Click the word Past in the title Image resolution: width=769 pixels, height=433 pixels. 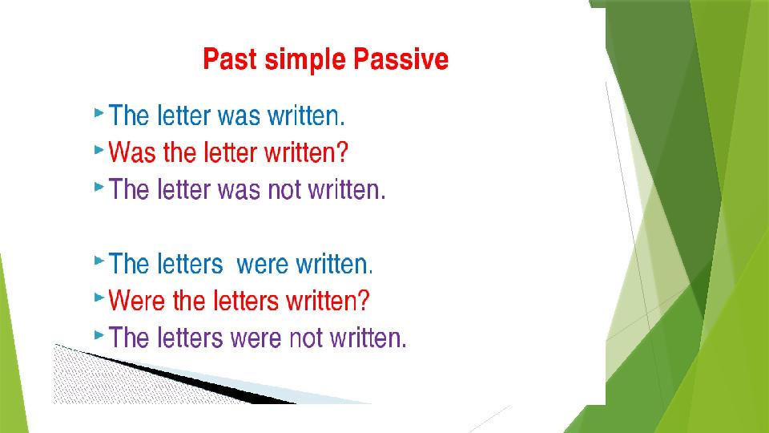point(230,59)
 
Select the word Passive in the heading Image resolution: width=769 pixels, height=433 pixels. point(401,59)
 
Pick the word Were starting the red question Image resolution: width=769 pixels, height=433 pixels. point(136,301)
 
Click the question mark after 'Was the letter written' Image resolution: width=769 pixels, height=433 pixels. point(342,152)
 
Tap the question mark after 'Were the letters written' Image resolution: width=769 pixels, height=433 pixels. point(364,301)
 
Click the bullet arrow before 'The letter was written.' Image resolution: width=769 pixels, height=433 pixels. point(99,113)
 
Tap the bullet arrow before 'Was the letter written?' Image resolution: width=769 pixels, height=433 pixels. point(99,149)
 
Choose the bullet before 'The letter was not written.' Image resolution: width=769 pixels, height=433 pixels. point(99,187)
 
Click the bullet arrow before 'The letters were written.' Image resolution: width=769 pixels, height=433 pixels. point(99,261)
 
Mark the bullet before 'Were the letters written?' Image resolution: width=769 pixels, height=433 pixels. point(99,297)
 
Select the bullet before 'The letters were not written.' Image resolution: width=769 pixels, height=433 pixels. point(99,335)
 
